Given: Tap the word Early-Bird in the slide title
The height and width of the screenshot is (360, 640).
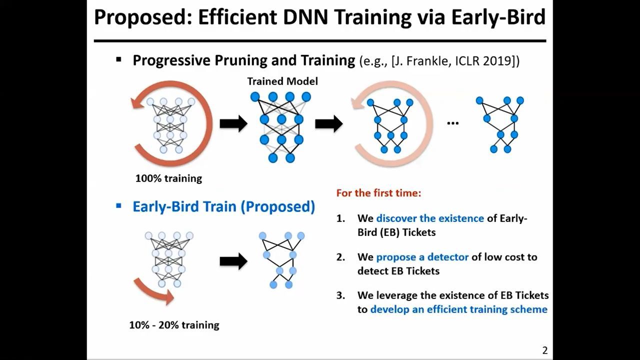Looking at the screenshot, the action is [x=499, y=17].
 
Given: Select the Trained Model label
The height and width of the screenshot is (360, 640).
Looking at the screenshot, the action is [x=282, y=81].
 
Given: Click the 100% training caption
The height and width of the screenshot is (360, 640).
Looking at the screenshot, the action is [x=168, y=178].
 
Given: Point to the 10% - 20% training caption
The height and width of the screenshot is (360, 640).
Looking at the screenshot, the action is [x=174, y=325].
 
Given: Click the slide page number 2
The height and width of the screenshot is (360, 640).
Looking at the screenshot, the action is [x=545, y=350].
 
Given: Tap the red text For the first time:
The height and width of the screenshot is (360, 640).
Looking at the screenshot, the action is [x=378, y=193].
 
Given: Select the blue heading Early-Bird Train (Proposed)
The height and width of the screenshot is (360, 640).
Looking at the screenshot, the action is [x=223, y=206].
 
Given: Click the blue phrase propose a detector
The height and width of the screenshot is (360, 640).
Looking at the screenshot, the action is [x=422, y=257].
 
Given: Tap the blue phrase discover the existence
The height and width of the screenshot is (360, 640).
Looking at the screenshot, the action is [x=430, y=218].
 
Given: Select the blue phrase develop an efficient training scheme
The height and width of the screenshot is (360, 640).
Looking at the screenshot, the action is [x=459, y=309].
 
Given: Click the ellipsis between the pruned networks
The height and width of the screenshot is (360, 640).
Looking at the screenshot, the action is [x=453, y=123].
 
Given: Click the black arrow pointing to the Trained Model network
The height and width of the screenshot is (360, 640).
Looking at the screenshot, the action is [x=233, y=123].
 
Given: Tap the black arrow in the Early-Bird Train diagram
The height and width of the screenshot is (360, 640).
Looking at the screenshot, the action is [x=233, y=261].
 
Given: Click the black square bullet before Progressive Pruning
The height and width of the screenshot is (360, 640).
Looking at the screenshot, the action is [x=119, y=59].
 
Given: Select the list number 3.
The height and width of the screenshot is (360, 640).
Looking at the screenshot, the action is [x=340, y=295].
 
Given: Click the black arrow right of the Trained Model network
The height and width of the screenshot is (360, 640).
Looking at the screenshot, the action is [x=328, y=123].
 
